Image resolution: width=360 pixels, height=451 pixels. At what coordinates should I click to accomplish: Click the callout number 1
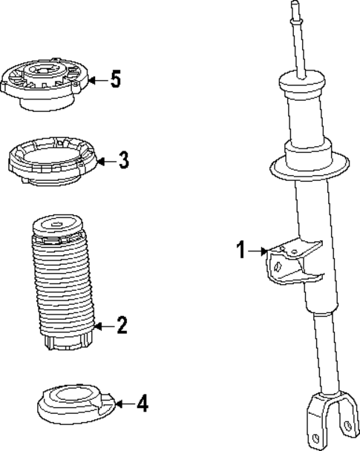[x=241, y=251]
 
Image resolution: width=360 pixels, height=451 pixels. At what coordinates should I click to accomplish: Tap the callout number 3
[x=123, y=159]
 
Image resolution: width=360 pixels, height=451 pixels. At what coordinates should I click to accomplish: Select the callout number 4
[x=143, y=404]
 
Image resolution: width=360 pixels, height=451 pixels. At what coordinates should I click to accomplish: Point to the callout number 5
[x=115, y=79]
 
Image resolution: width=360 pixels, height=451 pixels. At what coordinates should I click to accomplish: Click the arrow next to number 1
[x=258, y=251]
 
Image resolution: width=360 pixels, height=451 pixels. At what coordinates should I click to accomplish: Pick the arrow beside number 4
[x=125, y=404]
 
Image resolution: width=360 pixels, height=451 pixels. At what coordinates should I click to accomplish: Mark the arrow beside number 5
[x=97, y=79]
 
